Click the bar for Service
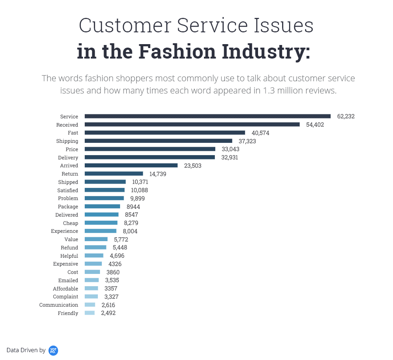tap(207, 116)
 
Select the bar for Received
tap(192, 125)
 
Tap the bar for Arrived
tap(131, 166)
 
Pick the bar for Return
tap(114, 174)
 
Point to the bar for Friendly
tap(90, 313)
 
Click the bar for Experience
tap(100, 231)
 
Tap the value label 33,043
tap(231, 149)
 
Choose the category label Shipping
tap(67, 141)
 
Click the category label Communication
tap(59, 305)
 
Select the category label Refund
tap(69, 248)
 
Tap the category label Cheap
tap(70, 223)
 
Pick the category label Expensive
tap(65, 264)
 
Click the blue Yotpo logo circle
tap(53, 350)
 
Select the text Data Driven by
tap(26, 350)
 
